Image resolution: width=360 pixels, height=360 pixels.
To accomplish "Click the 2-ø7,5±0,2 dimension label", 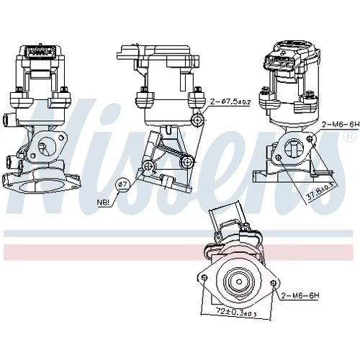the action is pyautogui.click(x=230, y=102).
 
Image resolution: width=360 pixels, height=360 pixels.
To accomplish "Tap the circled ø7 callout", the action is pyautogui.click(x=122, y=184).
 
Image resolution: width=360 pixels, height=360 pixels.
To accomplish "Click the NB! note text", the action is pyautogui.click(x=104, y=202).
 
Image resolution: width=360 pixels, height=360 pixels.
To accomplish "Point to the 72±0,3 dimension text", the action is pyautogui.click(x=236, y=312).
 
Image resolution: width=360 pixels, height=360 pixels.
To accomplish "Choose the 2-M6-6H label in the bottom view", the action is pyautogui.click(x=300, y=296).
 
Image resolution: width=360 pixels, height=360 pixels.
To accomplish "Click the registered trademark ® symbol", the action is pyautogui.click(x=350, y=136).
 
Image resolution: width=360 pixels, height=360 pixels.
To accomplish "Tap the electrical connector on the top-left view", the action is pyautogui.click(x=42, y=52).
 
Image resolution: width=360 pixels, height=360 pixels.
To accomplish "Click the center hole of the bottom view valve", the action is pyautogui.click(x=239, y=282).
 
